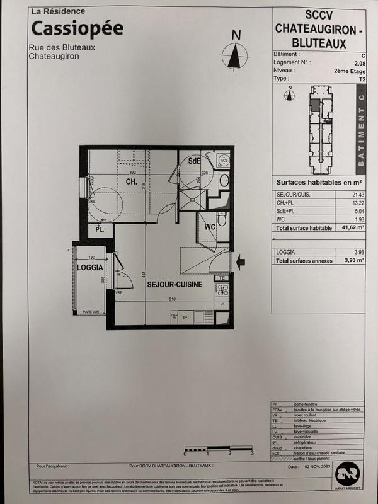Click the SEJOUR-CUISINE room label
[175, 285]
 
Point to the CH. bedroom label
[131, 182]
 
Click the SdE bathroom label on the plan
[193, 161]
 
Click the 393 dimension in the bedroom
[133, 172]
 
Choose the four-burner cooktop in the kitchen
[222, 290]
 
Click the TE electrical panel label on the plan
[222, 278]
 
